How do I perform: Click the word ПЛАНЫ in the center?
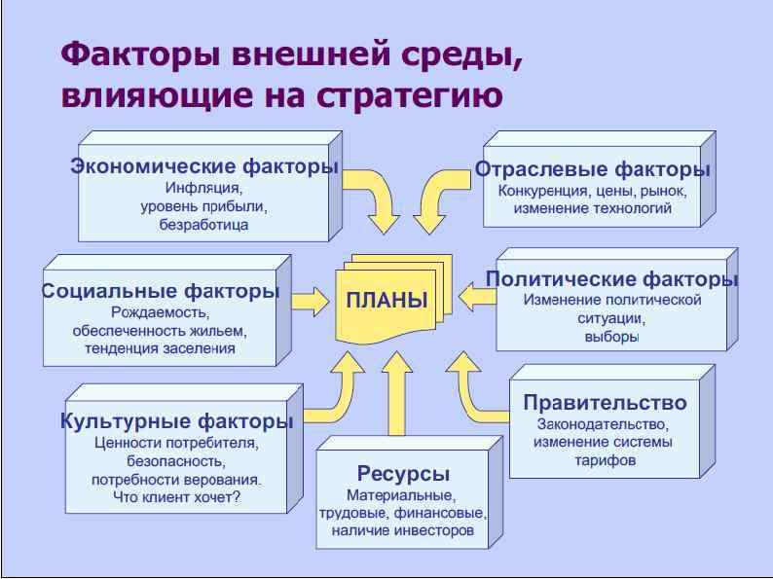pos(386,300)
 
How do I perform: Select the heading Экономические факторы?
pos(204,166)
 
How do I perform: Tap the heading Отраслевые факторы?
pos(593,169)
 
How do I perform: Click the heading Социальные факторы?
pos(162,291)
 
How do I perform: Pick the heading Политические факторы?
pos(612,279)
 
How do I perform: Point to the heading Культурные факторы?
pos(176,421)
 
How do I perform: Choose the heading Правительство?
pos(605,403)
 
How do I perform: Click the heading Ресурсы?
pos(403,474)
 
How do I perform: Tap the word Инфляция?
pos(203,187)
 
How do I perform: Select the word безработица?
pos(203,224)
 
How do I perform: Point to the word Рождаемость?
pos(160,312)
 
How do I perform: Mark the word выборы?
pos(612,337)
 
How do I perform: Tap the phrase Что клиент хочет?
pos(176,498)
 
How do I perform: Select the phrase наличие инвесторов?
pos(402,530)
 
